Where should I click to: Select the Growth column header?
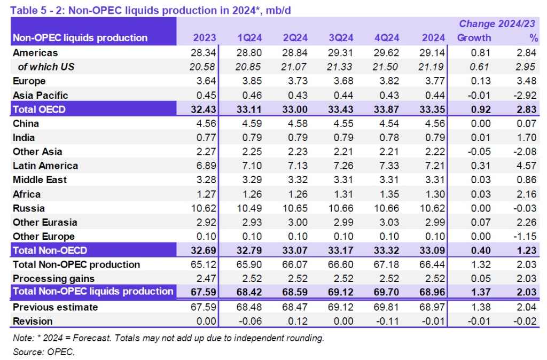(x=474, y=38)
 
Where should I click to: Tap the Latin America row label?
(x=45, y=166)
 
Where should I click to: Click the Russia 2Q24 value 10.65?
(x=295, y=208)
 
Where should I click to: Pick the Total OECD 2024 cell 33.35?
(x=434, y=109)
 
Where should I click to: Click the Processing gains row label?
(x=53, y=278)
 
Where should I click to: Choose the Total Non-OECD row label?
(x=50, y=250)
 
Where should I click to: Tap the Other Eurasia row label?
(x=45, y=222)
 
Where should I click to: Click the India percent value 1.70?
(x=529, y=138)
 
